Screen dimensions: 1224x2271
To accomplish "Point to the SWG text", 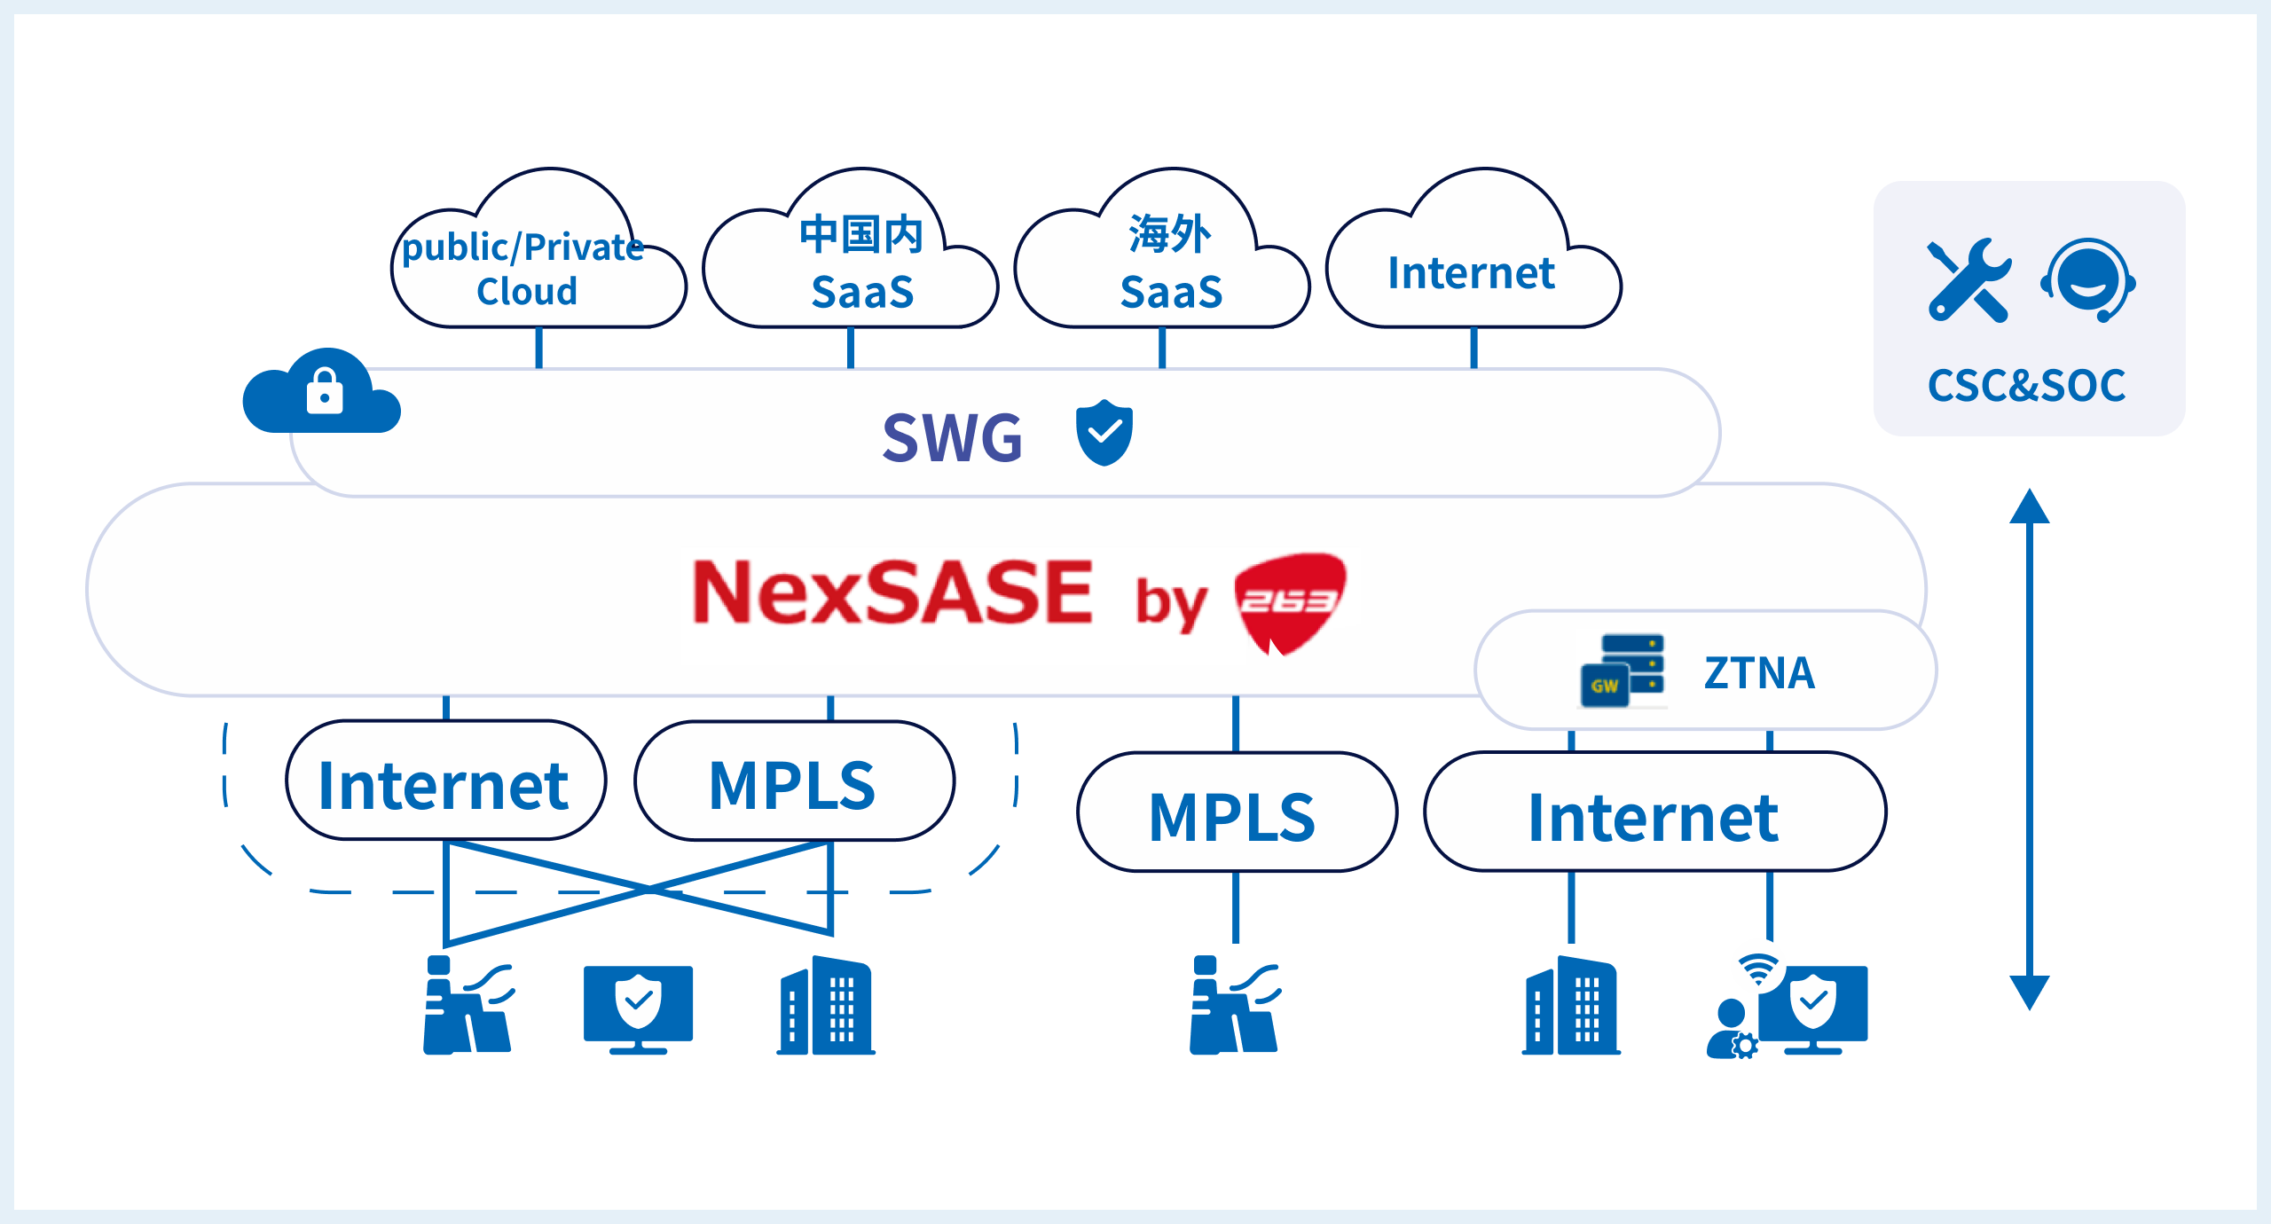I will (x=953, y=437).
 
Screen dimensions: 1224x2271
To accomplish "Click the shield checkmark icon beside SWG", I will (x=1104, y=433).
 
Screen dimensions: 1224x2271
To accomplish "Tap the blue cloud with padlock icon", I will (x=321, y=394).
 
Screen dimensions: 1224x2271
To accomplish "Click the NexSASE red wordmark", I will (x=892, y=592).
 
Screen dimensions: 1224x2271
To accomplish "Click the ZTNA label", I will (x=1759, y=672).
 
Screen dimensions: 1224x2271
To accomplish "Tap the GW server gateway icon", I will (x=1623, y=671).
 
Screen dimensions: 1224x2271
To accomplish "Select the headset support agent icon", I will (x=2088, y=280).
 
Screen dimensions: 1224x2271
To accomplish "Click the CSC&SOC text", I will (x=2027, y=386).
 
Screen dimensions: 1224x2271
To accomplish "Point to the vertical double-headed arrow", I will (x=2030, y=749).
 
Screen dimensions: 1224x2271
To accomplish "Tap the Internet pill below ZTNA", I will (x=1654, y=813).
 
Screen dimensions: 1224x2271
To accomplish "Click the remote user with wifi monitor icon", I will (x=1788, y=1008).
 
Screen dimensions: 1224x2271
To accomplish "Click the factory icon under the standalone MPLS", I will (x=1234, y=1006).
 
